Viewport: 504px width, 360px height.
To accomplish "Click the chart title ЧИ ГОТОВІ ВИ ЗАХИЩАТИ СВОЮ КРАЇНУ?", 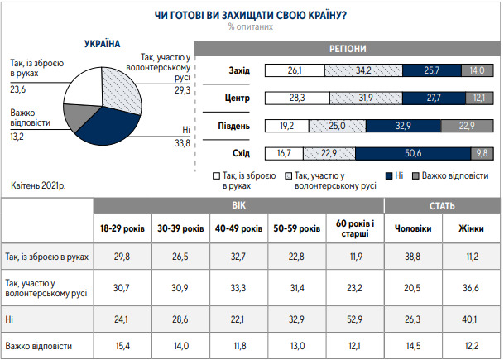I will click(x=251, y=14).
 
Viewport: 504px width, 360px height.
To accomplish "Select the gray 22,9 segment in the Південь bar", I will click(x=464, y=127).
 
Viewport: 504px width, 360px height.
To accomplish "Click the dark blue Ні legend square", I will click(x=387, y=176).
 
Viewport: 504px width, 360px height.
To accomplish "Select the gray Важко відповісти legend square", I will click(x=415, y=176).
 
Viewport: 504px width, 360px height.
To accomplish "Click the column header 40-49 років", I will click(x=239, y=228).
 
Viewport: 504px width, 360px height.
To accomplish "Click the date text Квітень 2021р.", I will click(x=41, y=185).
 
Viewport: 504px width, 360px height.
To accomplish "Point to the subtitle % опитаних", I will click(x=251, y=26).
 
